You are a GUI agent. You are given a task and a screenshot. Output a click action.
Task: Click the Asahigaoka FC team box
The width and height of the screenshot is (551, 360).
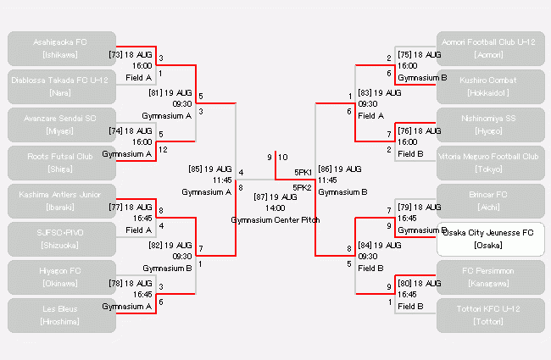pos(60,48)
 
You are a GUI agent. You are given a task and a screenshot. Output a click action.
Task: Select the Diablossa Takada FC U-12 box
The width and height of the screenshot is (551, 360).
pos(60,86)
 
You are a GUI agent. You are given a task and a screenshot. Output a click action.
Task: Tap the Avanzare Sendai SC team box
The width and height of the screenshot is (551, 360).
pos(60,125)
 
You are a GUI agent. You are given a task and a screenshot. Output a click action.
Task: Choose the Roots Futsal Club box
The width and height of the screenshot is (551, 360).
pos(60,162)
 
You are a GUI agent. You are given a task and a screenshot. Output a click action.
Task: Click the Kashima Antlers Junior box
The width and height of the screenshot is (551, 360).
pos(60,201)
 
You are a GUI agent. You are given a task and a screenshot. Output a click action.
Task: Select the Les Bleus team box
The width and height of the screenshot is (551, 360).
pos(60,315)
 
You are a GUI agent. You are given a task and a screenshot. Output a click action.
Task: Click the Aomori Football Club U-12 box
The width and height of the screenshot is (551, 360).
pos(489,48)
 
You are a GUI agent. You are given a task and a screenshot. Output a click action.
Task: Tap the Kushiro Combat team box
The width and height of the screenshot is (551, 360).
pos(489,86)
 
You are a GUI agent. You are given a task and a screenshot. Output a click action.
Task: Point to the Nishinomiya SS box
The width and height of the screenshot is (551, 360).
pos(489,125)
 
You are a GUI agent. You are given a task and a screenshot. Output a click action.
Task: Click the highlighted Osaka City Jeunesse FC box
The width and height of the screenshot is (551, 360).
pos(489,239)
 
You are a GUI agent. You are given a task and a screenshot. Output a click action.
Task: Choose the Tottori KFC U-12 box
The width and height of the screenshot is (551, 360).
pos(489,315)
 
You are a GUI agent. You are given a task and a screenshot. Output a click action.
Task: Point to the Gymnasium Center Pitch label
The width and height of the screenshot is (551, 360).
pos(275,219)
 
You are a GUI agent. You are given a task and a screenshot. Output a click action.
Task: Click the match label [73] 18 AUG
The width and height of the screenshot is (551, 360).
pos(130,53)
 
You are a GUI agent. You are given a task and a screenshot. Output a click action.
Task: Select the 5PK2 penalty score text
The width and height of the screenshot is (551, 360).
pos(303,187)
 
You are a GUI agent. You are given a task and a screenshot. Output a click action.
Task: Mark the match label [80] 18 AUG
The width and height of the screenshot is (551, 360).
pos(419,283)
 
